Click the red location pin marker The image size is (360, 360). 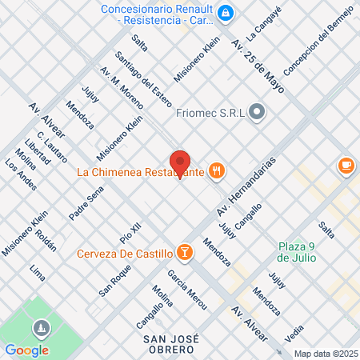pos(180,162)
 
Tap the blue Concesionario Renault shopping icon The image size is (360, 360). pos(226,13)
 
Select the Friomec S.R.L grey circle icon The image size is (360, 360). pos(257,112)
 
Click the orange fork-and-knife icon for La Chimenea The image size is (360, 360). pos(215,170)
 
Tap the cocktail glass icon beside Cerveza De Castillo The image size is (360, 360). pos(185,254)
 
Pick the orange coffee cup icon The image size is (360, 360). pos(346,166)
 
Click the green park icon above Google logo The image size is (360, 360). pos(40,328)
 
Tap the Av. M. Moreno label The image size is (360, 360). pos(122,86)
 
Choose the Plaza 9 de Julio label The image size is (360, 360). pos(297,251)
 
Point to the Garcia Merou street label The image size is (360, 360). pos(187,290)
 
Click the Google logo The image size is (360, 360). pos(26,350)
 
